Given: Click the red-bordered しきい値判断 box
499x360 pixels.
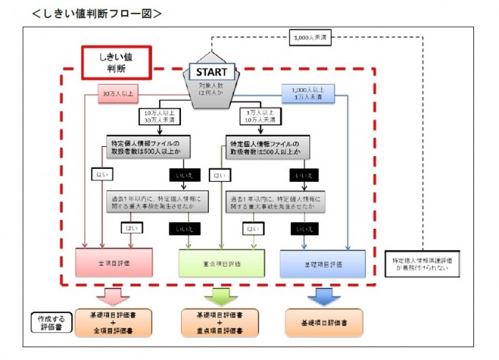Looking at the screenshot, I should (x=116, y=62).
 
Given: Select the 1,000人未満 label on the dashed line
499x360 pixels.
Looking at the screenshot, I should (x=312, y=38).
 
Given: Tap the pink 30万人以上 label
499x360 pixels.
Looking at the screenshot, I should (x=118, y=91).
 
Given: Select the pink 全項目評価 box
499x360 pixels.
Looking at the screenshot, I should (x=113, y=262).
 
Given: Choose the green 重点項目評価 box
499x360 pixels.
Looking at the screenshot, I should (x=216, y=263).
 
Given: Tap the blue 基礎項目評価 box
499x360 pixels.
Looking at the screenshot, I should (x=322, y=263).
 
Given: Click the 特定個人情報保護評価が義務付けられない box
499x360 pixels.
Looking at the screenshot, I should (x=421, y=264).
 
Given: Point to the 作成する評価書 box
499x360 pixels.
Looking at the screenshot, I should (x=51, y=324).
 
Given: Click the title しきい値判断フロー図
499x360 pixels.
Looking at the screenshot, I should (x=96, y=13).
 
